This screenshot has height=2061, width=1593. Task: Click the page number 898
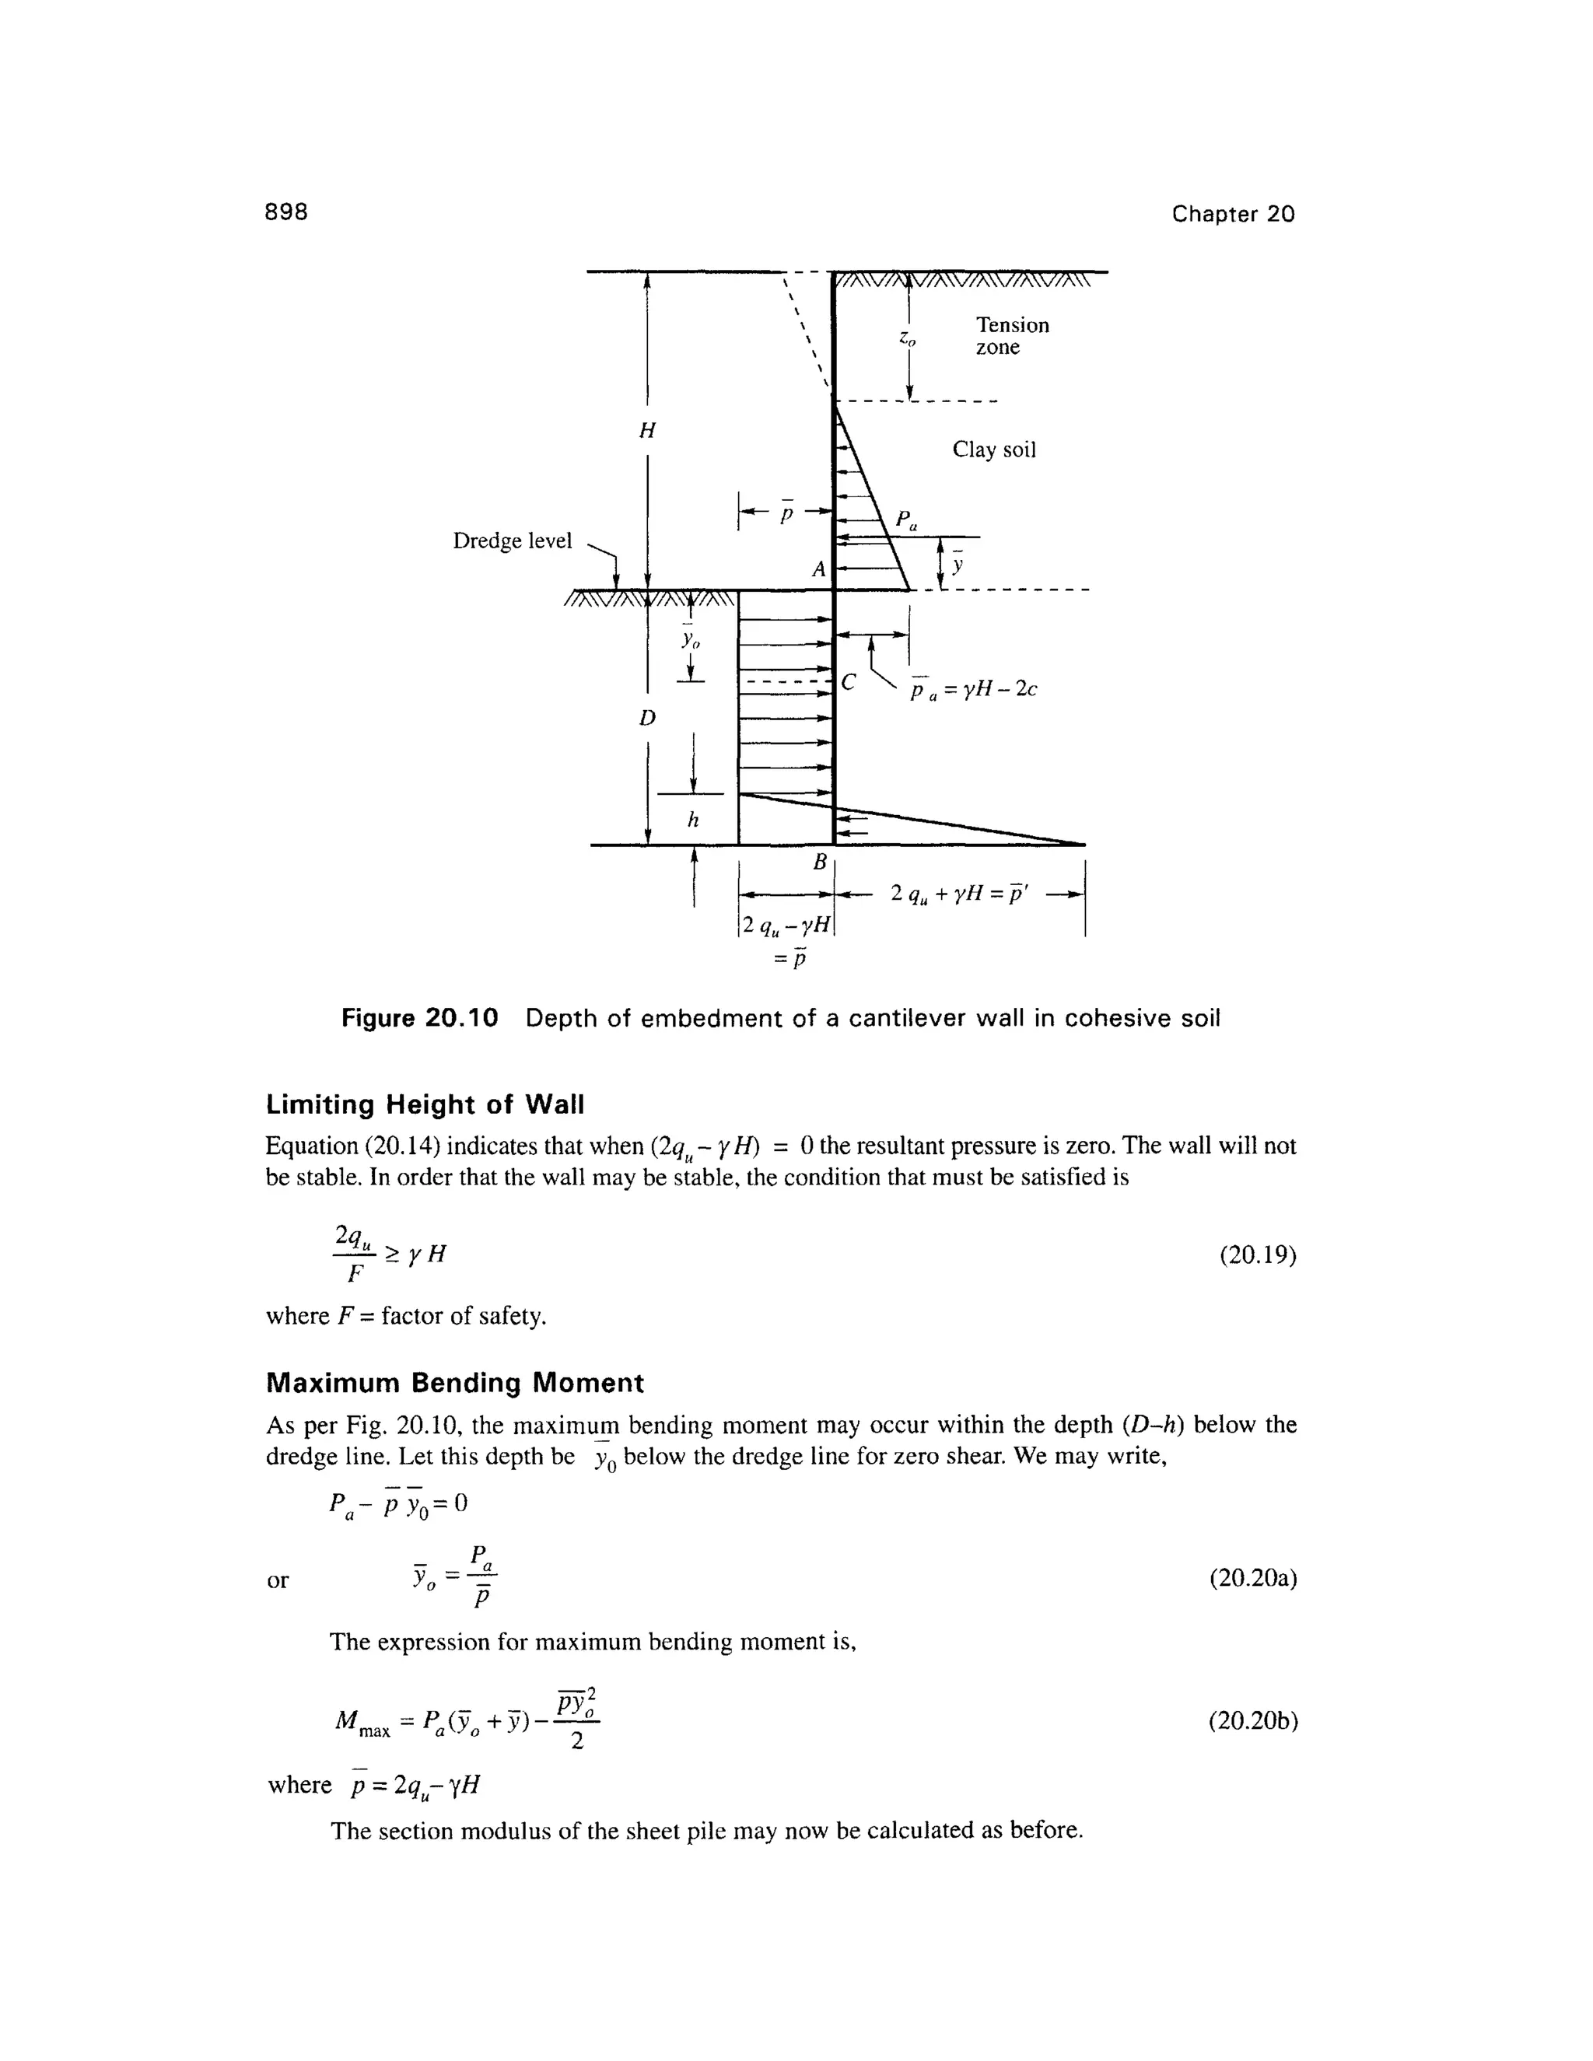(287, 212)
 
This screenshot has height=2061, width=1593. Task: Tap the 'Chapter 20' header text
(1233, 214)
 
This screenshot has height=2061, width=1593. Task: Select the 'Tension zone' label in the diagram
(1012, 336)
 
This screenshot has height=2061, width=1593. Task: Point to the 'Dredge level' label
(513, 541)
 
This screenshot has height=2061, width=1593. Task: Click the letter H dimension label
(646, 430)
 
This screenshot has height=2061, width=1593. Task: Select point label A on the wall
(818, 569)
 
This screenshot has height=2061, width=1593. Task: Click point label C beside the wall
(848, 683)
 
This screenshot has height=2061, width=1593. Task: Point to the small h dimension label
(693, 821)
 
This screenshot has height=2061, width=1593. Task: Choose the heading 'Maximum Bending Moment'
(454, 1383)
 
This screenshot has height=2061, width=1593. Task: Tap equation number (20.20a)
(1252, 1579)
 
